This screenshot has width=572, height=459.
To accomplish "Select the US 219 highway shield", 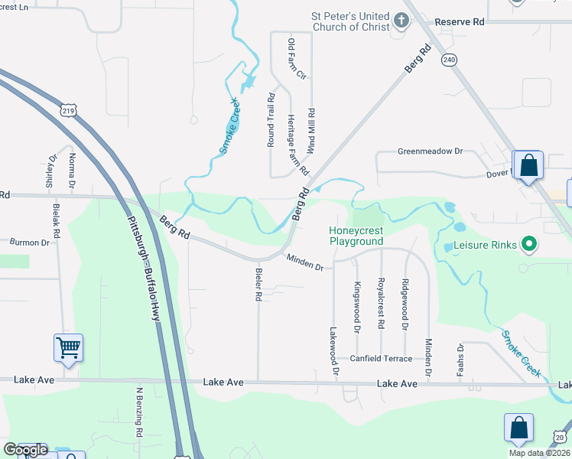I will (x=68, y=110).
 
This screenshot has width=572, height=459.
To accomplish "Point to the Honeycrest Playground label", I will (x=356, y=236).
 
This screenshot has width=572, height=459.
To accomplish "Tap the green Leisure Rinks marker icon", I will (x=528, y=245).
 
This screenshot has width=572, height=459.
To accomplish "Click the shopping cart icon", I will (x=68, y=348).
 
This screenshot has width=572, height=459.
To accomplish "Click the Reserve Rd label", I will (x=460, y=22).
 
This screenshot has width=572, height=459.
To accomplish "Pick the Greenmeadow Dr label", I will (x=431, y=151).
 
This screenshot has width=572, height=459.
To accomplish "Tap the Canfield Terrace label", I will (x=381, y=358).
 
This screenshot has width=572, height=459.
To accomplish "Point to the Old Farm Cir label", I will (x=296, y=60).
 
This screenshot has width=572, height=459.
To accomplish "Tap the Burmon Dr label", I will (x=29, y=242).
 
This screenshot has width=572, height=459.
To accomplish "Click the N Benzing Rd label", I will (x=140, y=412).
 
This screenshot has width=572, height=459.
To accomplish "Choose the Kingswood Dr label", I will (x=356, y=307).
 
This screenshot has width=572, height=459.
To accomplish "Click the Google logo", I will (x=24, y=450).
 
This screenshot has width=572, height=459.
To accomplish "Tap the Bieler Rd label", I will (x=258, y=283).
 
